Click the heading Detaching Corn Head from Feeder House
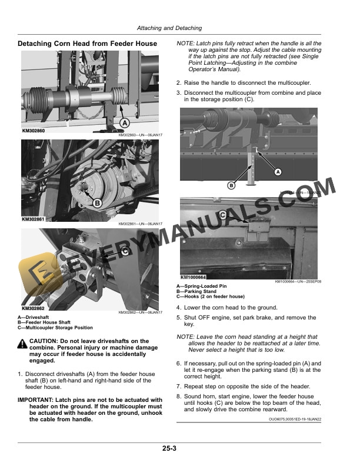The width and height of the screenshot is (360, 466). pos(88,44)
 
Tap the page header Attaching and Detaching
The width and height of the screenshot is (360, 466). pos(169,28)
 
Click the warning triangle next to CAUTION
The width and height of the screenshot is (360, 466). pos(23,342)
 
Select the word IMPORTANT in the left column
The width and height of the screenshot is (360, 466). pos(39,400)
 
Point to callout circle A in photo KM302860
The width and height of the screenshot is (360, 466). pos(124,122)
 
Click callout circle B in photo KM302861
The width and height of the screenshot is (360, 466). pos(97,203)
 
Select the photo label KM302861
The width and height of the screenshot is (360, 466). pos(34,219)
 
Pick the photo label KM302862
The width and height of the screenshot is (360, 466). pos(34,308)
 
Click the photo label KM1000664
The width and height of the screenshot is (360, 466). pos(193,277)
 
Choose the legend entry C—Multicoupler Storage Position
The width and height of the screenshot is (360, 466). pos(55,328)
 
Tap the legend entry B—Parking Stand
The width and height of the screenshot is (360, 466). pos(196,291)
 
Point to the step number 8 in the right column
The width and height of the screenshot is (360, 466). pos(178,397)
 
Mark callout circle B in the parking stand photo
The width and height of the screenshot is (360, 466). pos(231,186)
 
